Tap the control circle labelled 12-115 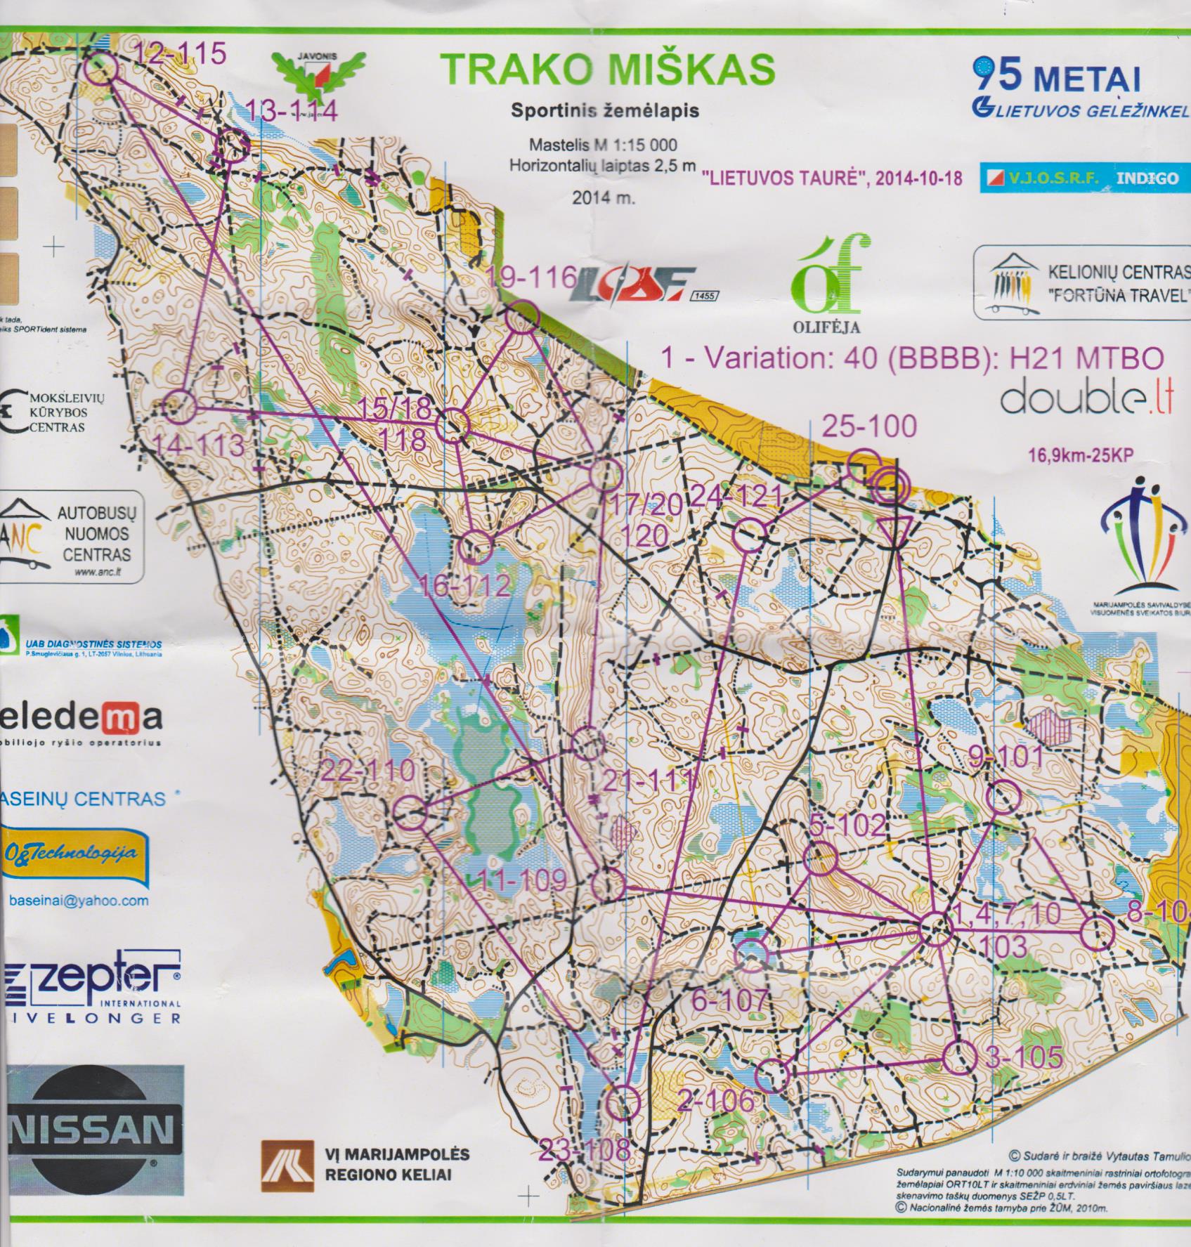pos(102,68)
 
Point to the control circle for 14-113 pos(180,407)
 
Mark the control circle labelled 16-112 pos(477,548)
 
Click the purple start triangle pos(894,530)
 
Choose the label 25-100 pos(869,426)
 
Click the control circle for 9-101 pos(1004,797)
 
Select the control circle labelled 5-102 pos(819,858)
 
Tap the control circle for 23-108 pos(623,1102)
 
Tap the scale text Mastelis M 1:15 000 pos(603,145)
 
